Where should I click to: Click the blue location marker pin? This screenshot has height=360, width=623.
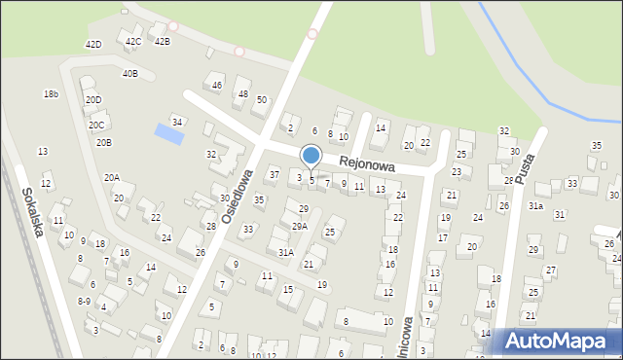(311, 156)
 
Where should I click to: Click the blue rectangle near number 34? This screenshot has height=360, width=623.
(169, 134)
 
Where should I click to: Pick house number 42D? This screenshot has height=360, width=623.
(93, 45)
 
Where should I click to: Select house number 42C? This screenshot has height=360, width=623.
(133, 41)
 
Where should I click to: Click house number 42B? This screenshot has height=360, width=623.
(162, 41)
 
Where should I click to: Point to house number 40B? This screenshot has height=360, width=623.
(129, 74)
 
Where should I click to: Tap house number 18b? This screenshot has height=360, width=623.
(51, 94)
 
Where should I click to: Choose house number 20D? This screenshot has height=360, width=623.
(92, 100)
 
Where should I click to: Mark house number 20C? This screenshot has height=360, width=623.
(96, 126)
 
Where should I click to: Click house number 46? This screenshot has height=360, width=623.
(217, 86)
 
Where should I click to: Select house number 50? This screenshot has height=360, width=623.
(261, 100)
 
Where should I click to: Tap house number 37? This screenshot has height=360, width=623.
(275, 175)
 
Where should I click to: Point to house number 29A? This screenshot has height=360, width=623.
(299, 226)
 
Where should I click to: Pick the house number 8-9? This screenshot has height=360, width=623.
(85, 302)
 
